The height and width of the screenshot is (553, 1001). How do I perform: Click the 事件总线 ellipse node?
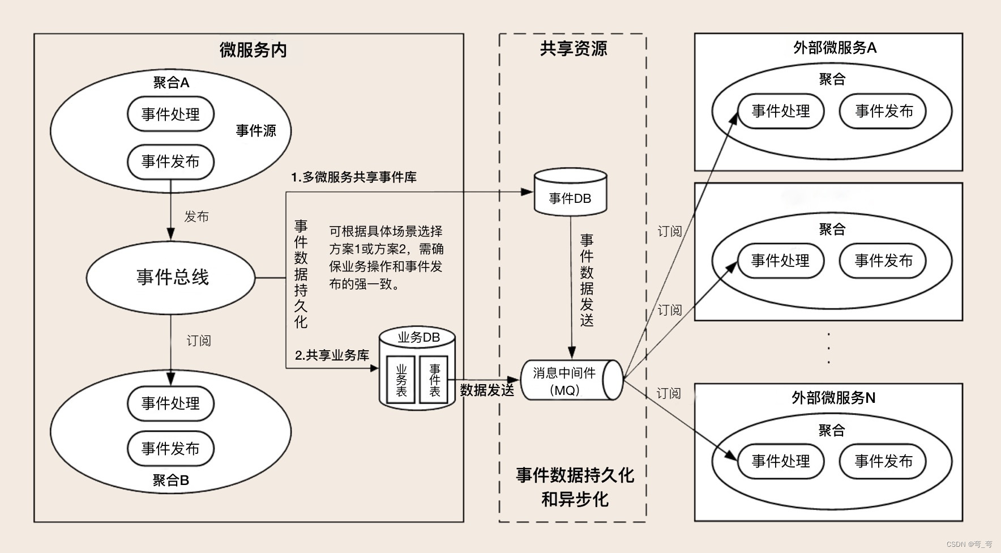171,277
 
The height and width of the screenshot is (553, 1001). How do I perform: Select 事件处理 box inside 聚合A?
170,114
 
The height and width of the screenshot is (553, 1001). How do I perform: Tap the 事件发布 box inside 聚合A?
170,161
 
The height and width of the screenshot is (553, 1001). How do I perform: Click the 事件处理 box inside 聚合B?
170,403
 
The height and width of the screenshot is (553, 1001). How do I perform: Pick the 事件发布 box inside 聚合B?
170,449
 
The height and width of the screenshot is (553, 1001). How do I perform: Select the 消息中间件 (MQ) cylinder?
569,380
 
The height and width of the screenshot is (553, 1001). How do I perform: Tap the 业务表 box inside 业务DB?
401,380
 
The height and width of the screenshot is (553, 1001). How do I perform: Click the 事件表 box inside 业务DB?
434,380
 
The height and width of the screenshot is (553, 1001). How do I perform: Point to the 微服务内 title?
253,50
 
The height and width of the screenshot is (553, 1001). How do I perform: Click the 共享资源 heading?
573,49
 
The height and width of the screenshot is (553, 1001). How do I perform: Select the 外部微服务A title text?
835,48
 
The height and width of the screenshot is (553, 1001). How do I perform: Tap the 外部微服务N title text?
833,398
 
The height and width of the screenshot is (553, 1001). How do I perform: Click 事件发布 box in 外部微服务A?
884,111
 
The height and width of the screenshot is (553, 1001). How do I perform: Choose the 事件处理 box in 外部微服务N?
781,461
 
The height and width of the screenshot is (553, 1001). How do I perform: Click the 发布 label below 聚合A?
196,216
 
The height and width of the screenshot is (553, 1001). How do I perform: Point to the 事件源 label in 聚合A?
256,131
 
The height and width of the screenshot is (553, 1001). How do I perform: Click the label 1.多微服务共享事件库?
354,177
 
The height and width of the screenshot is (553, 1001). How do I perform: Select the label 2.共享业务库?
332,355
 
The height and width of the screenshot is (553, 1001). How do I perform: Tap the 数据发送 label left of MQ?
487,390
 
